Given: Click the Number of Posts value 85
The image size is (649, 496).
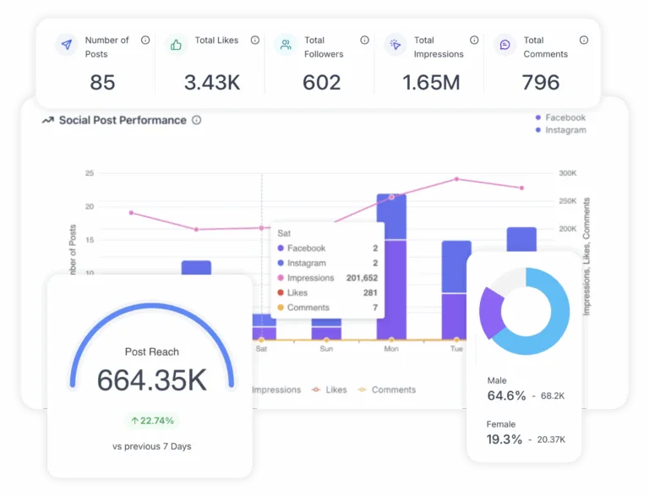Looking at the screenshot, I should (x=102, y=82).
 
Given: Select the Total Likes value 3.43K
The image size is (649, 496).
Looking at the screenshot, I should (x=212, y=82).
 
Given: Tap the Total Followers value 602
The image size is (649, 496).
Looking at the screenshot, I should (x=321, y=82).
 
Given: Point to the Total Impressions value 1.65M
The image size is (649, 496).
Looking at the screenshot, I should (x=431, y=82).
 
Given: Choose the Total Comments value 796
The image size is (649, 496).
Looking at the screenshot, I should (x=541, y=82).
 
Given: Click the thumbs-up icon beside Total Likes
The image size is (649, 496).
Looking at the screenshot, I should (x=176, y=44).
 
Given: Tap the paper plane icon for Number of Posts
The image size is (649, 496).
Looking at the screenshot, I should (x=66, y=44).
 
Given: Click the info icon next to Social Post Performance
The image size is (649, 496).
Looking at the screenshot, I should (x=196, y=120).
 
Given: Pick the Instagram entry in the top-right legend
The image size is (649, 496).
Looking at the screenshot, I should (x=564, y=130).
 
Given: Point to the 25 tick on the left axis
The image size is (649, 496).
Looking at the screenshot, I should (x=89, y=173).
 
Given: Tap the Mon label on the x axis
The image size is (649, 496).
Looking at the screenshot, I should (x=391, y=348).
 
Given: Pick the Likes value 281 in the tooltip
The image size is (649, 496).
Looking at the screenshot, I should (x=369, y=293).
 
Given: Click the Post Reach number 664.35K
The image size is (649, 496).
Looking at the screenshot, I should (x=151, y=380).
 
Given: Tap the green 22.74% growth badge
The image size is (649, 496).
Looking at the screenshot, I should (x=151, y=420).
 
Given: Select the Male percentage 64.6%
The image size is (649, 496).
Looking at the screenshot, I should (x=506, y=395).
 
